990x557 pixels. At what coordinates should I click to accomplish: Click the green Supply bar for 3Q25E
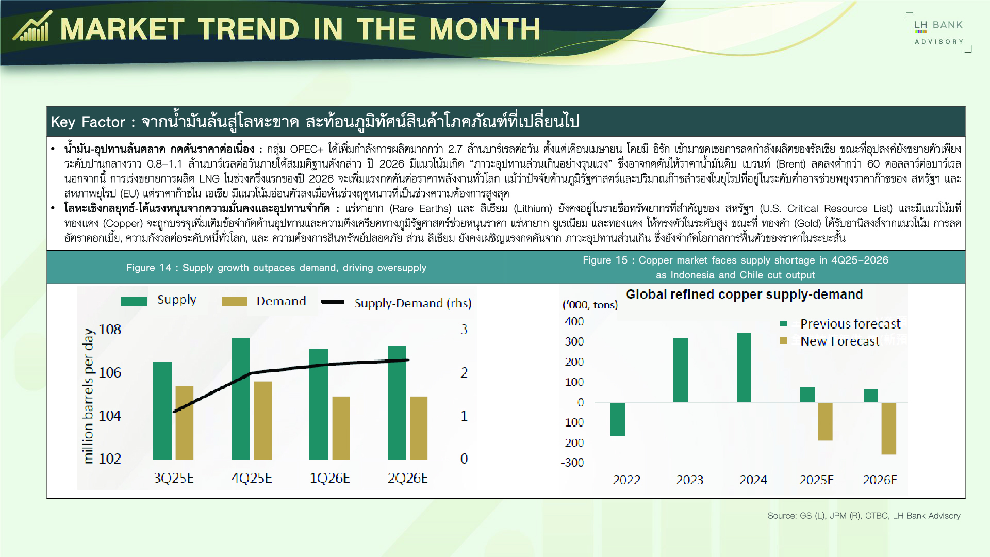tap(162, 411)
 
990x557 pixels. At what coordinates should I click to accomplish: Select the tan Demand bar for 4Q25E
tap(262, 420)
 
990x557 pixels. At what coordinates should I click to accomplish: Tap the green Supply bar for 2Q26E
tap(397, 402)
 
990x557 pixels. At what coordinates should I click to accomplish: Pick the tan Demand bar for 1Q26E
tap(341, 428)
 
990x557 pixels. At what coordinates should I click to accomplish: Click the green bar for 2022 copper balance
tap(617, 419)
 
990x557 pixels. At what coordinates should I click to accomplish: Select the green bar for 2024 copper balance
tap(744, 367)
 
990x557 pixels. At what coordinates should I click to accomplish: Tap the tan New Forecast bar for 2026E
tap(888, 428)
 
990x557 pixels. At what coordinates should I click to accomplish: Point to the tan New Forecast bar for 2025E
tap(825, 421)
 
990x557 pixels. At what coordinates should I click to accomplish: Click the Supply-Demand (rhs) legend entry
tap(397, 303)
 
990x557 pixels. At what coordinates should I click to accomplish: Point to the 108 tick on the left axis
tap(110, 329)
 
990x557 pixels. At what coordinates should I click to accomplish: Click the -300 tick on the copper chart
tap(572, 463)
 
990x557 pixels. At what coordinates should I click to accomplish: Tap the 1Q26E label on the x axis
tap(329, 478)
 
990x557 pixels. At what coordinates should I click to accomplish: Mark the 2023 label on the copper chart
tap(689, 480)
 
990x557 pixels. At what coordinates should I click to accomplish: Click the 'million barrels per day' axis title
tap(88, 396)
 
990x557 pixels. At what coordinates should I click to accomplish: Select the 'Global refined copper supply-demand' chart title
tap(744, 294)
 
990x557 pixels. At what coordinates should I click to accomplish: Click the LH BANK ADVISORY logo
tap(938, 32)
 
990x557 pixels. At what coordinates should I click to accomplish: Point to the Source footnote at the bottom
tap(864, 516)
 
